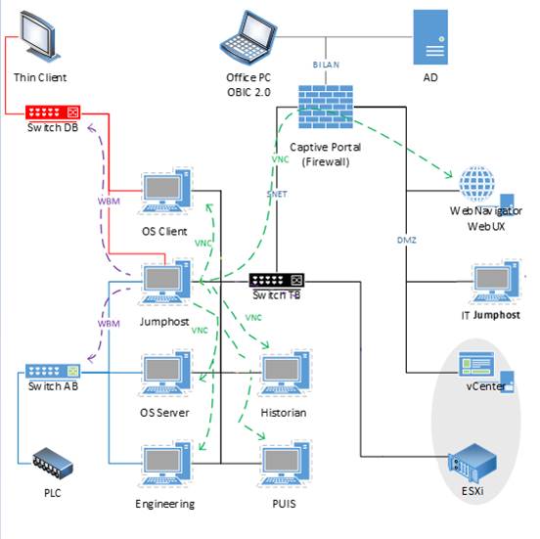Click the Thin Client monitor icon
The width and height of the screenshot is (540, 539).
tap(40, 36)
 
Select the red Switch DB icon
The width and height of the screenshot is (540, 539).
tap(53, 112)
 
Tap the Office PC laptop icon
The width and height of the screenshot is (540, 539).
tap(247, 37)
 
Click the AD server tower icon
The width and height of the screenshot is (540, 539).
tap(430, 37)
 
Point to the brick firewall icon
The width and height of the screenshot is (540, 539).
tap(326, 107)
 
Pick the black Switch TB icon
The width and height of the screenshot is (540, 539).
tap(277, 281)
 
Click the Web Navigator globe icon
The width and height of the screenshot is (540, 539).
tap(477, 184)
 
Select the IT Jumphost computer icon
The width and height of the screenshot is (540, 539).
tap(496, 282)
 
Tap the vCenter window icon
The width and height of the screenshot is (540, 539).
tap(476, 364)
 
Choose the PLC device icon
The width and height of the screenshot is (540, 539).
tap(53, 464)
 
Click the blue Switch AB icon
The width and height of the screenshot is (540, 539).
tap(53, 371)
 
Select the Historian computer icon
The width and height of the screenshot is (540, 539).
tap(285, 373)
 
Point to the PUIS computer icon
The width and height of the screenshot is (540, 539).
tap(285, 464)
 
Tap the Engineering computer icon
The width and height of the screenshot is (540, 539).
tap(166, 464)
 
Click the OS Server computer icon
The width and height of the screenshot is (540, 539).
tap(166, 373)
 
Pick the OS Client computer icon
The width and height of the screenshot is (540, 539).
tap(166, 191)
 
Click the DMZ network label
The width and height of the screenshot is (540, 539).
tap(407, 240)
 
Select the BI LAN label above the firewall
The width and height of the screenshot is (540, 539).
tap(326, 65)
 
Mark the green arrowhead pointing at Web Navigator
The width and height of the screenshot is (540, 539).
tap(448, 174)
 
